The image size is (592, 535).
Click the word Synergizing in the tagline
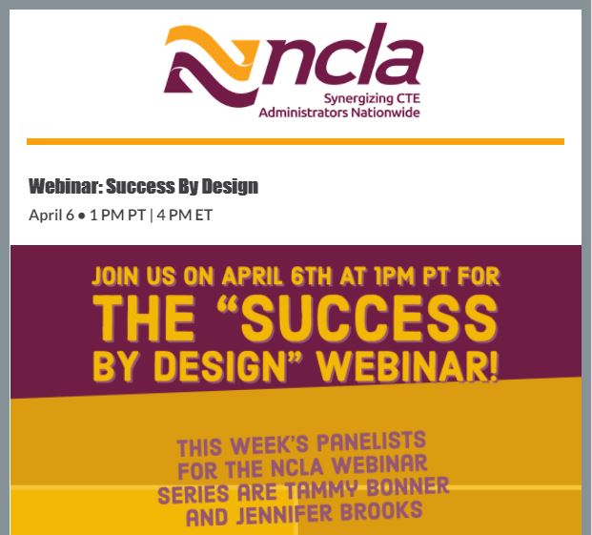pyautogui.click(x=356, y=98)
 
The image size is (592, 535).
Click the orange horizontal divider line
pyautogui.click(x=296, y=141)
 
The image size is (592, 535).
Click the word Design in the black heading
pyautogui.click(x=230, y=186)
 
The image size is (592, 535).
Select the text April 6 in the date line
pyautogui.click(x=51, y=215)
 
